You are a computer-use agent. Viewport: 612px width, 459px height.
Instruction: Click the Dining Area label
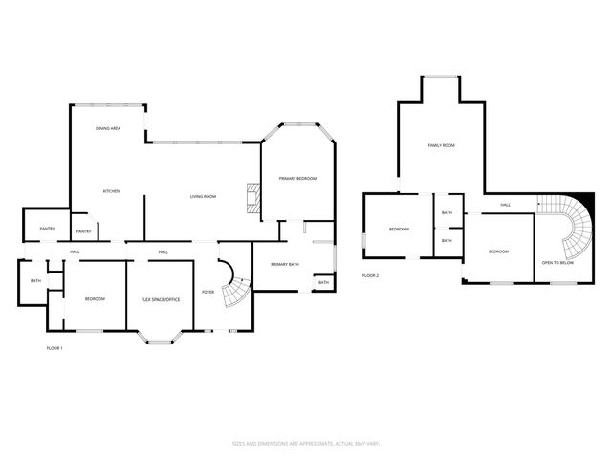(107, 128)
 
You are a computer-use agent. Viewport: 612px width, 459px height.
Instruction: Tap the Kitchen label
(111, 192)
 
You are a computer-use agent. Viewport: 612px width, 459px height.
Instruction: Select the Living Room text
(203, 197)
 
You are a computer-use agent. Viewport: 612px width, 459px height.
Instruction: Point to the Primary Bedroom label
(297, 179)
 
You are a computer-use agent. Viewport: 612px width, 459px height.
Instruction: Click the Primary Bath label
(285, 264)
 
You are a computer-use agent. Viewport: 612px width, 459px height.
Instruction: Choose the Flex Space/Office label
(161, 299)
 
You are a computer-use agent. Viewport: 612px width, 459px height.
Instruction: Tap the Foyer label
(208, 292)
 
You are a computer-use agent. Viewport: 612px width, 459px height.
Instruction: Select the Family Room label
(441, 145)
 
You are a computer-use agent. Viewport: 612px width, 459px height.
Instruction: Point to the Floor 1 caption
(55, 347)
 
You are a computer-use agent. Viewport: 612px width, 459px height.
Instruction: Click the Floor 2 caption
(370, 275)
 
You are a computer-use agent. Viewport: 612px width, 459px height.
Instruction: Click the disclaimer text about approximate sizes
(305, 443)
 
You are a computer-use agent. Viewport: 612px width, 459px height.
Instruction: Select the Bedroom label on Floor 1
(94, 299)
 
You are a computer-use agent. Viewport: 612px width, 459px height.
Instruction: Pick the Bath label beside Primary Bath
(323, 282)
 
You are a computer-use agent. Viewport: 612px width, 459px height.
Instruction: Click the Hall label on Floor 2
(504, 204)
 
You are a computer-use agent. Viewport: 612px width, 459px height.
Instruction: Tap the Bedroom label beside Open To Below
(498, 251)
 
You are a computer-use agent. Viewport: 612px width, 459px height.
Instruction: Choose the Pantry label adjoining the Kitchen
(83, 231)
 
